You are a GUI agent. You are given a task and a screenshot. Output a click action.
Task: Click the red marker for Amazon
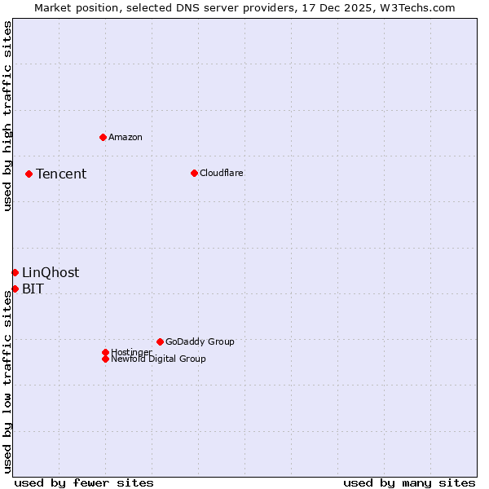(103, 137)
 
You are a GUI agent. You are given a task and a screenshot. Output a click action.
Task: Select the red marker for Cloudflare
(194, 173)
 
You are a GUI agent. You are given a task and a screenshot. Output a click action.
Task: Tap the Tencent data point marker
(29, 174)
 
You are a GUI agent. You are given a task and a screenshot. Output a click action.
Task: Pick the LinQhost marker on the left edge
(15, 272)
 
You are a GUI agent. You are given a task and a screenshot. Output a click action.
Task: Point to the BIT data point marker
(15, 289)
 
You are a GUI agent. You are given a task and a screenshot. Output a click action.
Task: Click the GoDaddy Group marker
(160, 341)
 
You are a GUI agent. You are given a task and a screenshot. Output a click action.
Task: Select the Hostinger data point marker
(105, 352)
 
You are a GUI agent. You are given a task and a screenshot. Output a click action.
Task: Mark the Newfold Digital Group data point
(105, 359)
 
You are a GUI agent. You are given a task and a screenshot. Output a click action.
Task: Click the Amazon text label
(126, 137)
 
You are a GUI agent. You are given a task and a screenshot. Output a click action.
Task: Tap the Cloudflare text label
(221, 173)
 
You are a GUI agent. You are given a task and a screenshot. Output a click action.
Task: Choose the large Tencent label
(61, 174)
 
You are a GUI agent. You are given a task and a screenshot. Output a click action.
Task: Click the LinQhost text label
(51, 273)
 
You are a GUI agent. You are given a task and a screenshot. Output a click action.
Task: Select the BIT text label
(33, 289)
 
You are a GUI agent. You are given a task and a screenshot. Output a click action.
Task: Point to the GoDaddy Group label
(200, 341)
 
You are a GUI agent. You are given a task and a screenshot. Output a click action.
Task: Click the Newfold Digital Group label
(158, 359)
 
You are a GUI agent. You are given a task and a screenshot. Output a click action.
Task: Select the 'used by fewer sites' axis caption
(84, 482)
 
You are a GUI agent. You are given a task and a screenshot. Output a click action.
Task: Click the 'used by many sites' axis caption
(409, 482)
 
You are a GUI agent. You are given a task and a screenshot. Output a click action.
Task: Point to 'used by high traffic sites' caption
(8, 116)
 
